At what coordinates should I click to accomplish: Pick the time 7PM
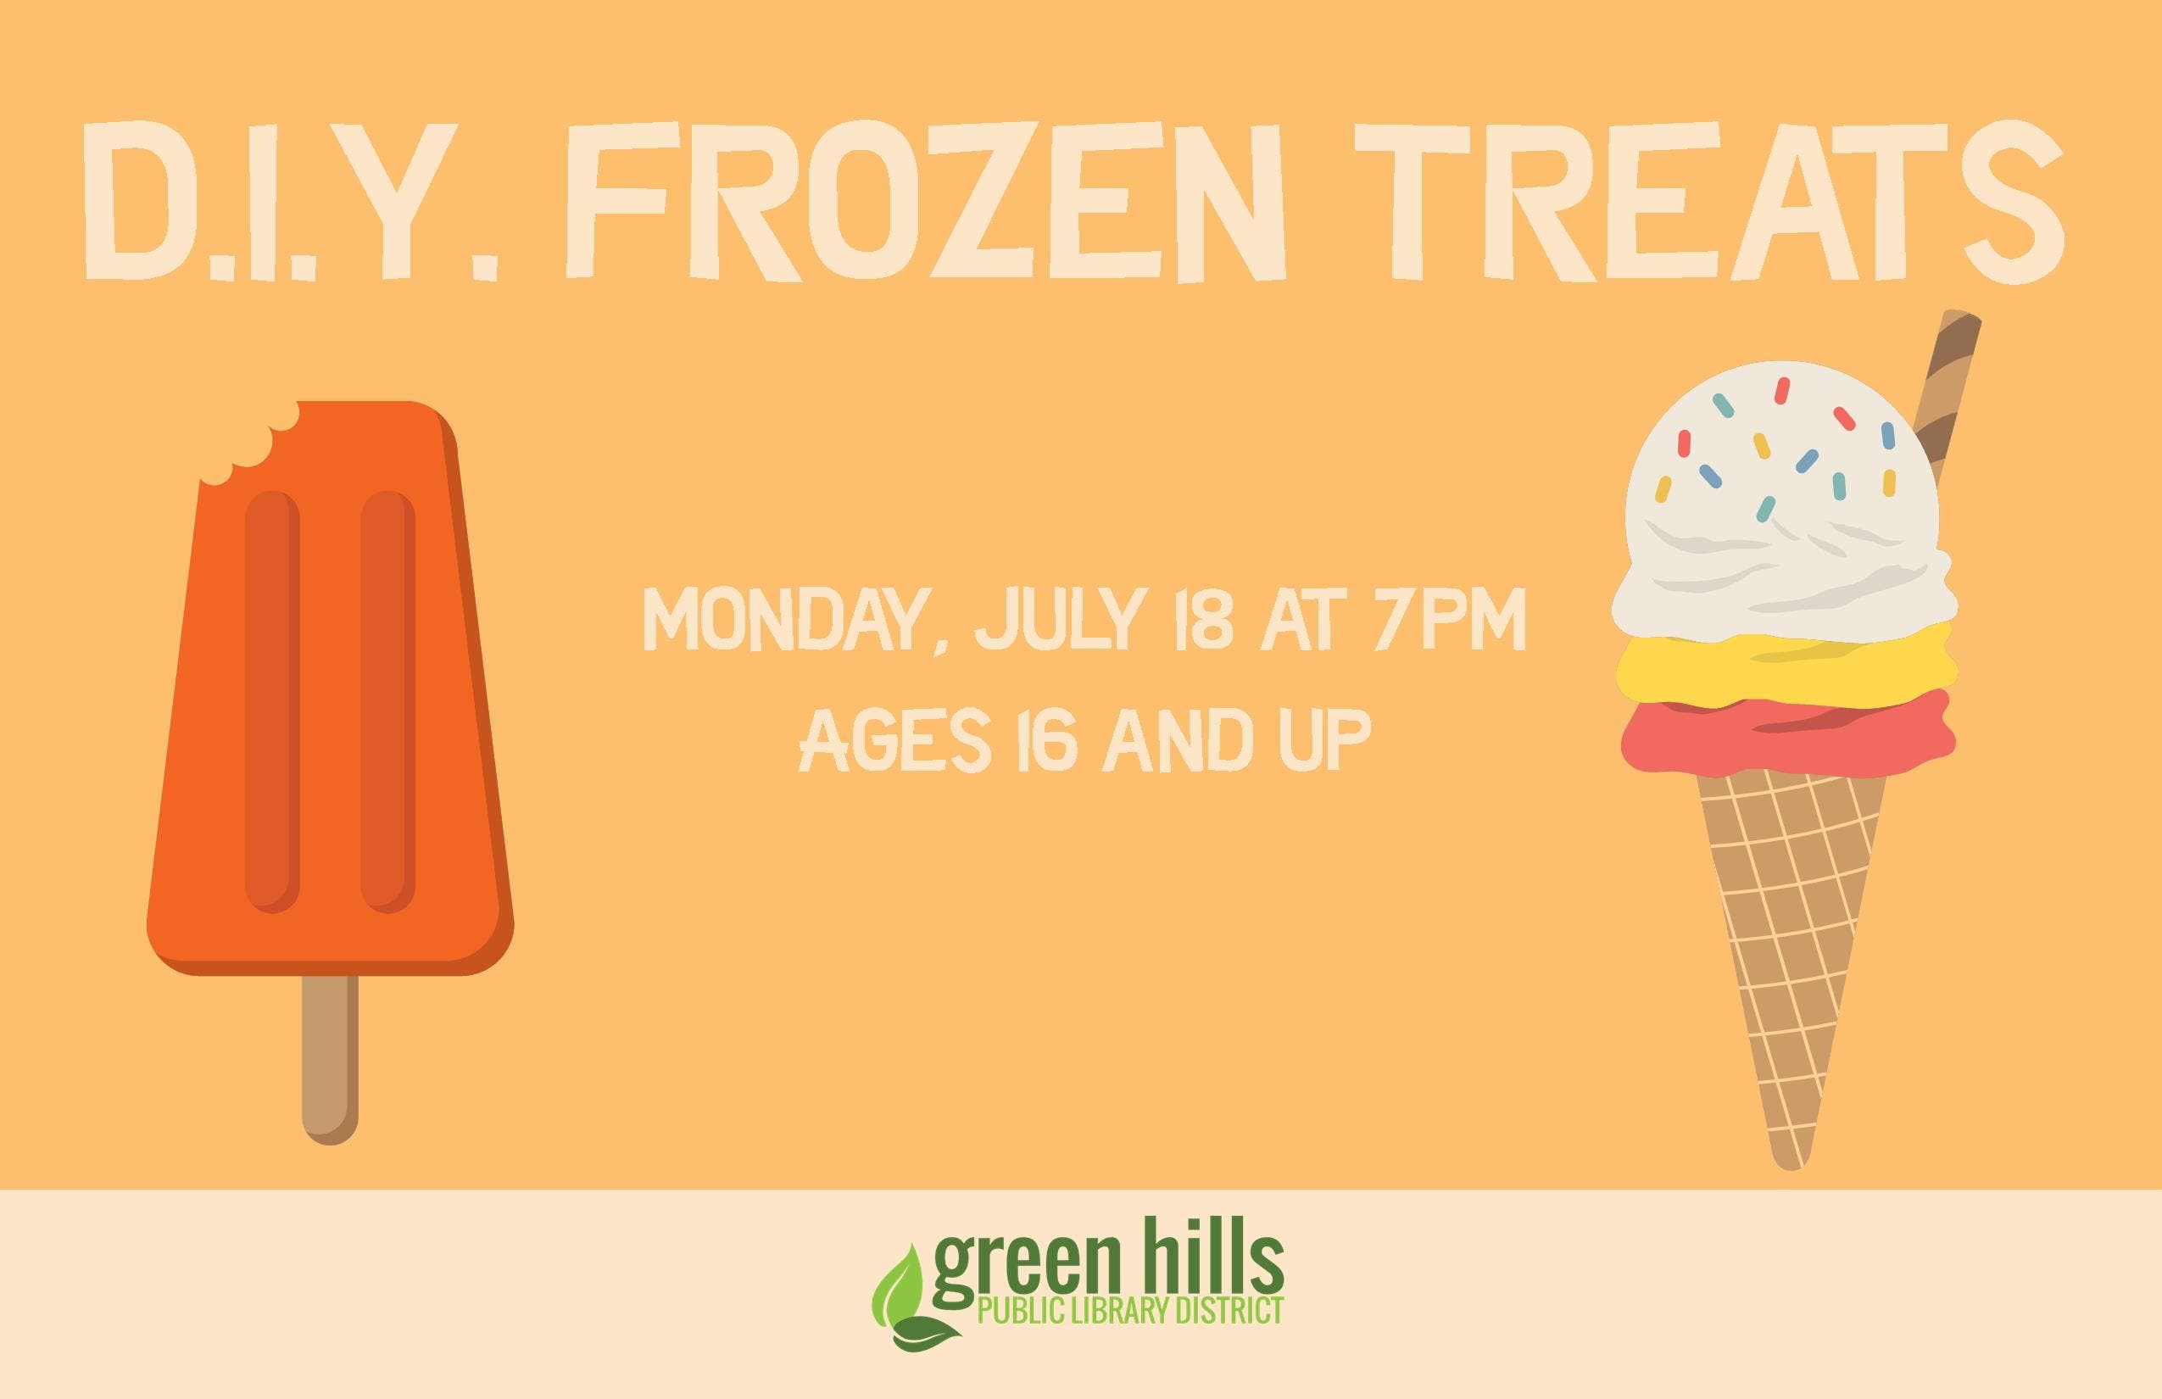tap(1447, 619)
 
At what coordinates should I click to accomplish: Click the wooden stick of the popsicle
tap(330, 1059)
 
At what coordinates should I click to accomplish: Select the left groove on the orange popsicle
tap(271, 701)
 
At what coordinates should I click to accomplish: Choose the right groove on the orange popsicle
tap(388, 701)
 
